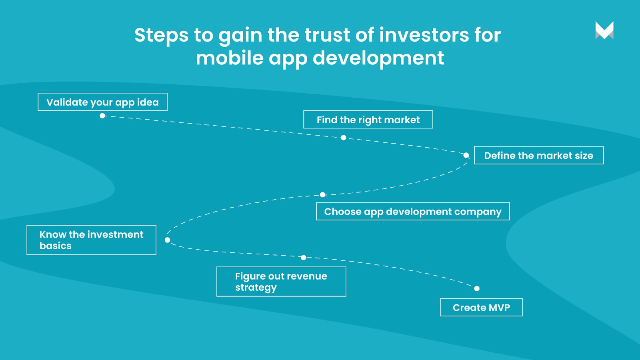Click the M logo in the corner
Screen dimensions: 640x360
[x=604, y=30]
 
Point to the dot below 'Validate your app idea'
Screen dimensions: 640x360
[x=102, y=116]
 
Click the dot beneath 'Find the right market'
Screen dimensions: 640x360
[x=344, y=138]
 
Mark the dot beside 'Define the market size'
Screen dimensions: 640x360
[x=466, y=155]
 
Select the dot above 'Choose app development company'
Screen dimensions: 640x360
[x=322, y=194]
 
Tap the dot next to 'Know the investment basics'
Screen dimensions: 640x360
[x=168, y=240]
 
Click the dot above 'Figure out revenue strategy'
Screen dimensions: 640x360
[x=304, y=258]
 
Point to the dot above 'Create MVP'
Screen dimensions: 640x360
[x=476, y=288]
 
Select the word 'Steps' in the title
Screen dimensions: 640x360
[x=162, y=36]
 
